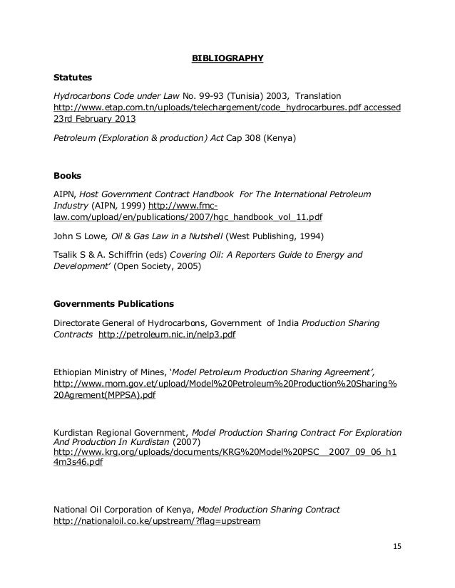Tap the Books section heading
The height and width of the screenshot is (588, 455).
coord(68,174)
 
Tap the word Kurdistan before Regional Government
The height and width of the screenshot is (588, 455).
coord(77,432)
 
